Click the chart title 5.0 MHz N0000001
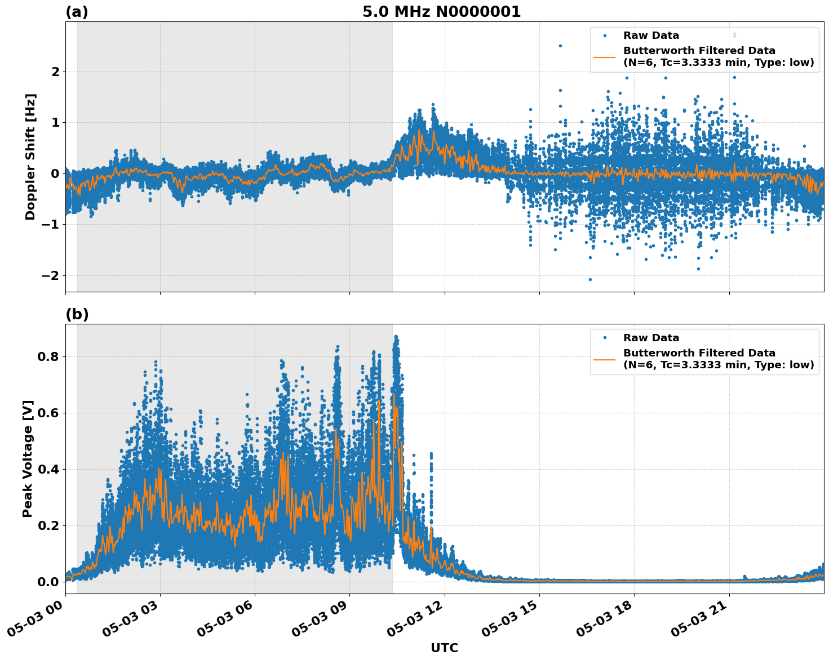(441, 12)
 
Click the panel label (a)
(77, 12)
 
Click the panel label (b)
(77, 314)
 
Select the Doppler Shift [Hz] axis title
(30, 157)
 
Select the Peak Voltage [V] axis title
(28, 458)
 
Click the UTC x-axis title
(444, 648)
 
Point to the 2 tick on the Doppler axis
(55, 72)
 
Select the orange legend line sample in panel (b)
(605, 359)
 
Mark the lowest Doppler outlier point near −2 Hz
(590, 279)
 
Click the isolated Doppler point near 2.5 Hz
(560, 46)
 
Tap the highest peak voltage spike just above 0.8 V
(396, 337)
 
